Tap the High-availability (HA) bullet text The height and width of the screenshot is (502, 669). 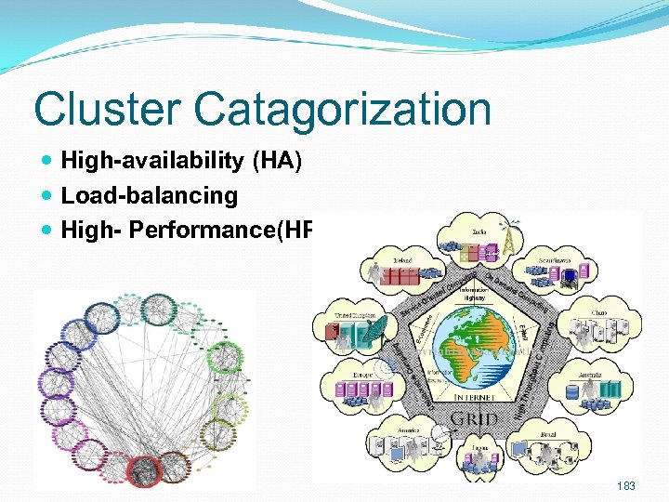click(x=181, y=162)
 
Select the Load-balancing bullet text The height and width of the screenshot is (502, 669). click(x=149, y=196)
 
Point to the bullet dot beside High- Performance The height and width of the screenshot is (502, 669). click(x=47, y=230)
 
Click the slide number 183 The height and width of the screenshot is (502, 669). click(x=626, y=486)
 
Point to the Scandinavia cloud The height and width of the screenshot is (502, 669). click(x=558, y=270)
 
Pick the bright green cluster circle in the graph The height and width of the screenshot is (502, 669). click(x=223, y=359)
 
